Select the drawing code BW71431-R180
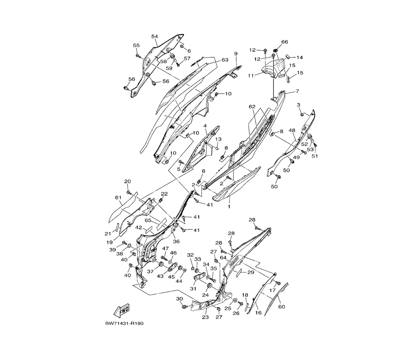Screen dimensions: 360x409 pyautogui.click(x=124, y=324)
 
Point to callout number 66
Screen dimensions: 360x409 pyautogui.click(x=284, y=42)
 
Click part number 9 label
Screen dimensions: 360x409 pyautogui.click(x=236, y=54)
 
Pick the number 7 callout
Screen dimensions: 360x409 pyautogui.click(x=297, y=91)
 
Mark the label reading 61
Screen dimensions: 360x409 pyautogui.click(x=118, y=198)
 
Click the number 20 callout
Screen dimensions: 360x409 pyautogui.click(x=127, y=181)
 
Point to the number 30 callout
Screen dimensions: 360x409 pyautogui.click(x=179, y=299)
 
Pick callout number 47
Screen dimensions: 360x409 pyautogui.click(x=166, y=248)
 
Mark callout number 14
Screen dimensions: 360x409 pyautogui.click(x=300, y=58)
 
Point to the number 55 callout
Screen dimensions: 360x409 pyautogui.click(x=136, y=45)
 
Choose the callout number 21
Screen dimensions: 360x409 pyautogui.click(x=108, y=234)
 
